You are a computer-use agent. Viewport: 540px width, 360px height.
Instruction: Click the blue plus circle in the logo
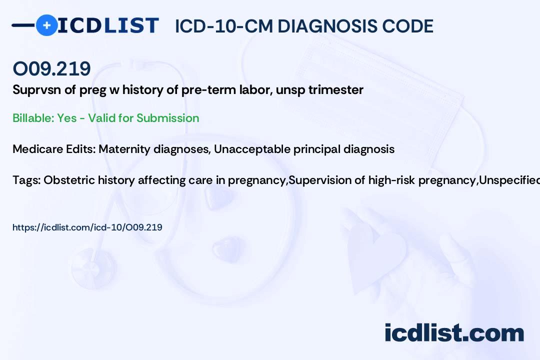point(46,25)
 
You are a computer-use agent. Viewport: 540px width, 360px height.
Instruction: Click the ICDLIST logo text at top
point(108,25)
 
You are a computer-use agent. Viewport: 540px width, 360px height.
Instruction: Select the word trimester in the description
point(336,90)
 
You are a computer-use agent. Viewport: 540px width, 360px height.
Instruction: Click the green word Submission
point(167,118)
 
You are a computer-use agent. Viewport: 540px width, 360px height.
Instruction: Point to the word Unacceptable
point(251,149)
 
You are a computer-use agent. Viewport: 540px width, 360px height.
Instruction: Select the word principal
point(317,149)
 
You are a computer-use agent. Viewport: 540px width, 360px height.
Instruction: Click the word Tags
point(26,180)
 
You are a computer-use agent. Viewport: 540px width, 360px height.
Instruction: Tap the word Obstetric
point(69,180)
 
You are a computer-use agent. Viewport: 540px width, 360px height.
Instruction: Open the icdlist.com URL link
point(87,227)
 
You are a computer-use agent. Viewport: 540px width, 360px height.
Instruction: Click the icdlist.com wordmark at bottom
point(454,333)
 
